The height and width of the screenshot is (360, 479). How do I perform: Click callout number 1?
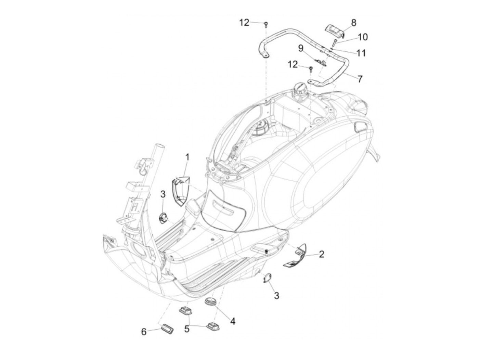pos(187,157)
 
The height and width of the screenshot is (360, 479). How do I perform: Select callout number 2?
pos(321,254)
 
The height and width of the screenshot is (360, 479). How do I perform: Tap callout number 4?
pos(232,321)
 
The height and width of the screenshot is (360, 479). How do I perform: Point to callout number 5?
pos(187,329)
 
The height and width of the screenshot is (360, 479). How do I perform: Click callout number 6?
pos(144,331)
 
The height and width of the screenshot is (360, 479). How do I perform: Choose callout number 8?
pos(353,23)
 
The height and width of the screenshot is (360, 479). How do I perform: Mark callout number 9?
pos(301,48)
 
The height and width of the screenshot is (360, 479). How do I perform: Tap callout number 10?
pos(363,37)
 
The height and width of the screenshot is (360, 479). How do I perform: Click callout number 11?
pos(361,53)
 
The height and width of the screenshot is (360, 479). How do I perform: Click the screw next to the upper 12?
pos(266,24)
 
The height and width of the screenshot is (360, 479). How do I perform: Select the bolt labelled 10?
pos(335,42)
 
